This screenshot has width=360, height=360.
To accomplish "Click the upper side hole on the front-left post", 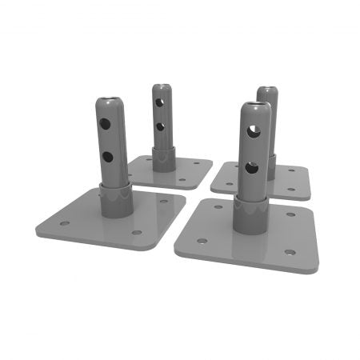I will (x=106, y=125).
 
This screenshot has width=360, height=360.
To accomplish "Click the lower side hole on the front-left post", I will (x=106, y=156).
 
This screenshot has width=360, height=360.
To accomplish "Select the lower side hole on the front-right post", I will (x=251, y=168).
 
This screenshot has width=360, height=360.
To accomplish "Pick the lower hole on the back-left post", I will (x=160, y=126).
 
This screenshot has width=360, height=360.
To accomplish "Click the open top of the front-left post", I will (x=110, y=102).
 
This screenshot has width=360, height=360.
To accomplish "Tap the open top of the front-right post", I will (x=255, y=106).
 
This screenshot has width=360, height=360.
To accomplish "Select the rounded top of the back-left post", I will (x=162, y=86).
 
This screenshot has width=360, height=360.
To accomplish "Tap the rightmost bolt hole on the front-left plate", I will (x=163, y=202).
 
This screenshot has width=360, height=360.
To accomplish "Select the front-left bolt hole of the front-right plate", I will (x=206, y=239).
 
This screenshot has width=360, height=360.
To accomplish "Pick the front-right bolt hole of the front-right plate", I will (x=289, y=252).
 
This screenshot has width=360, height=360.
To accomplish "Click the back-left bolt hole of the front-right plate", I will (x=217, y=206).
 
